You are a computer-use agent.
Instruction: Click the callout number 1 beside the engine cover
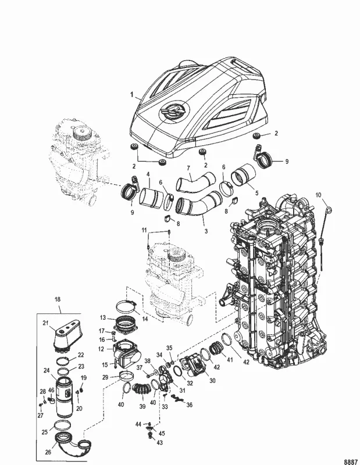click(132, 94)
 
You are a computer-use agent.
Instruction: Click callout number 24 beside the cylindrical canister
click(46, 370)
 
